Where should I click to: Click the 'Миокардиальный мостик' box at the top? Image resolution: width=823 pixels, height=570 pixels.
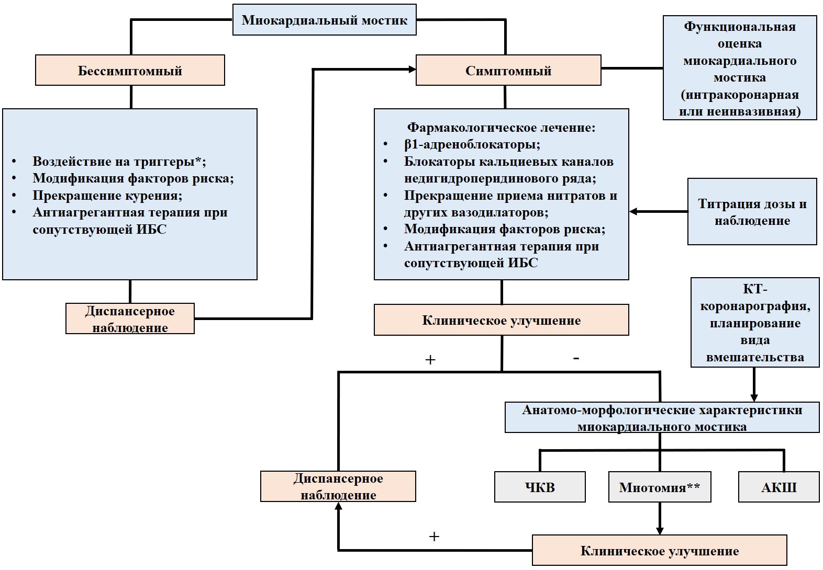click(325, 20)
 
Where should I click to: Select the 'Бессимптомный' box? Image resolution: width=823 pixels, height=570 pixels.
click(130, 70)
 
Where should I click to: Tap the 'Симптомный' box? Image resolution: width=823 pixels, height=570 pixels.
click(508, 70)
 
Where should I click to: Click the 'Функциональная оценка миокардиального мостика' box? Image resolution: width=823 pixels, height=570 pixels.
click(740, 68)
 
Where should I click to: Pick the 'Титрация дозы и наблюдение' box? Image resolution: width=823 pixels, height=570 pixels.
click(752, 212)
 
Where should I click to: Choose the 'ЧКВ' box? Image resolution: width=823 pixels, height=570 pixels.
click(540, 487)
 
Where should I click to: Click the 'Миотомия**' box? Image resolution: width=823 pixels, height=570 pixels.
click(660, 487)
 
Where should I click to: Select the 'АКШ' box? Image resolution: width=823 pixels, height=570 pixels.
click(779, 487)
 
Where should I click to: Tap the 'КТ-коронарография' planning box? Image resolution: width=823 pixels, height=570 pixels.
click(755, 322)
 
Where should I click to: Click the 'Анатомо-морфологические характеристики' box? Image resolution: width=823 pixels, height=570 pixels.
click(662, 417)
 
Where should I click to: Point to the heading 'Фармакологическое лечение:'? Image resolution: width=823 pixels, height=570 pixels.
click(501, 128)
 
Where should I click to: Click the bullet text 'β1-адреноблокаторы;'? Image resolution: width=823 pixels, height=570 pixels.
click(472, 144)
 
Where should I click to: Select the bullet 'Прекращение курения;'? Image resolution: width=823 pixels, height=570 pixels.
click(107, 195)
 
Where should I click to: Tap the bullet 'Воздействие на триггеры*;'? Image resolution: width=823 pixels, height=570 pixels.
click(119, 162)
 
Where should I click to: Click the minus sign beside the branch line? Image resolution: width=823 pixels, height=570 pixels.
click(576, 358)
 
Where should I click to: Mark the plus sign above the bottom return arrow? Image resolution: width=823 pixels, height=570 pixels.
click(434, 537)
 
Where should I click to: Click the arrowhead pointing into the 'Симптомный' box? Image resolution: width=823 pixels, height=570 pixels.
click(412, 69)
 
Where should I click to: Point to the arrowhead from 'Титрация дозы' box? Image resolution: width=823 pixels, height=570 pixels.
click(633, 211)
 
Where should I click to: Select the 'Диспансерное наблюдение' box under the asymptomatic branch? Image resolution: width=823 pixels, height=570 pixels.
click(130, 318)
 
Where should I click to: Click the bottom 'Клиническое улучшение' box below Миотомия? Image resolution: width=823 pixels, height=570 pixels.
click(660, 550)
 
